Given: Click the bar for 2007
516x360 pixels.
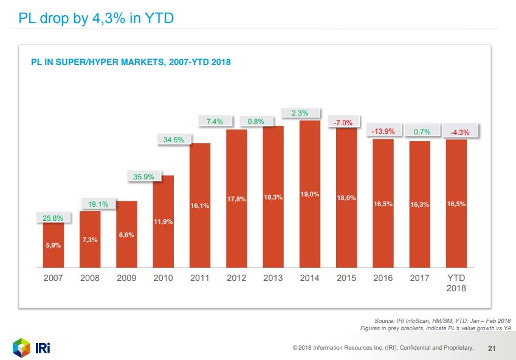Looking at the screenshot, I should (x=53, y=245).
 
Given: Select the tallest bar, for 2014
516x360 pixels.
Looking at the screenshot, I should (x=309, y=194).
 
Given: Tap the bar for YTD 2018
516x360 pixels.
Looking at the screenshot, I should (x=456, y=204).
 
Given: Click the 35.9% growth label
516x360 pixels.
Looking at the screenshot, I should (x=143, y=177).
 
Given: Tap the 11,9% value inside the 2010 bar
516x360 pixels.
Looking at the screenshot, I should (x=163, y=221).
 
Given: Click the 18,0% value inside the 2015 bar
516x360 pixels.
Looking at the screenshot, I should (x=346, y=198).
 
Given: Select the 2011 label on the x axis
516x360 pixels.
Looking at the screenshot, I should (x=200, y=278).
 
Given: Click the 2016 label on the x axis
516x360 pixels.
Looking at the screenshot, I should (x=384, y=278).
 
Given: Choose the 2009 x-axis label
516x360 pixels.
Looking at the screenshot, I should (x=126, y=278).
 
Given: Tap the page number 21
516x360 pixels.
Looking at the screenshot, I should (x=492, y=348).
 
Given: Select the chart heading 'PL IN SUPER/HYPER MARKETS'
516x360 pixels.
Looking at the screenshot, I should (x=131, y=62).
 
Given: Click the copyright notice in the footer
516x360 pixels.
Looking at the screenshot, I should (x=382, y=348).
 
